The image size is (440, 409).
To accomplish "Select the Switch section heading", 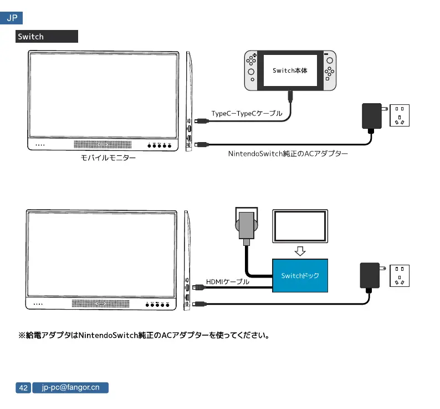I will tap(30, 37).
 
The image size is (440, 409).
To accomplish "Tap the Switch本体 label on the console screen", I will tap(290, 71).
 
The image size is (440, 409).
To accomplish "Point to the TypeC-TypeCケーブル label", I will tap(247, 113).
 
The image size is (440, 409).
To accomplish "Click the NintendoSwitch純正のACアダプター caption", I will tap(288, 153).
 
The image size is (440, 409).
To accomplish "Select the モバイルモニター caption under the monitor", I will tap(108, 159).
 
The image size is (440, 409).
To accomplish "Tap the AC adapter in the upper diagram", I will tap(370, 115).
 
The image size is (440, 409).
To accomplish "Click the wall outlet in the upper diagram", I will tap(400, 115).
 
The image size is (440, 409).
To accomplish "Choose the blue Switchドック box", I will tap(300, 276).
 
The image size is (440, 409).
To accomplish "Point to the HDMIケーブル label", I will tap(228, 282).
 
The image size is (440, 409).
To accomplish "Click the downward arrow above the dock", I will tap(300, 251).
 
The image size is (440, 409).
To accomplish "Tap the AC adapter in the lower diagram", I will tap(370, 276).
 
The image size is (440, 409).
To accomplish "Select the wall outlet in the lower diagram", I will tap(400, 276).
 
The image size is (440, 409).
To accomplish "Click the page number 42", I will tap(23, 388).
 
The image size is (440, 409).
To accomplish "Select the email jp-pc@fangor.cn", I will tap(70, 388).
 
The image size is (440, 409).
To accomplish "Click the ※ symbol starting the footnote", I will tap(22, 335).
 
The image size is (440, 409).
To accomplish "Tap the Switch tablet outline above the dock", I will tap(300, 226).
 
